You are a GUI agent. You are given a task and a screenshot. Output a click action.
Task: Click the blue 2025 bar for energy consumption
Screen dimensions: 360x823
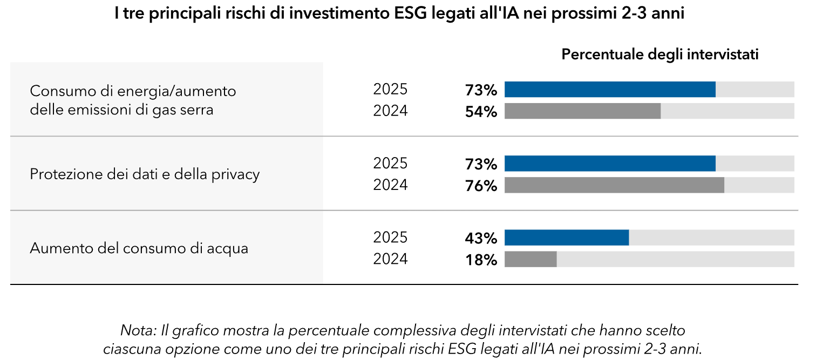click(x=610, y=90)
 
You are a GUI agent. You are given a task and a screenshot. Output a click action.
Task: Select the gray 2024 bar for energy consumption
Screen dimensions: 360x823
click(x=582, y=111)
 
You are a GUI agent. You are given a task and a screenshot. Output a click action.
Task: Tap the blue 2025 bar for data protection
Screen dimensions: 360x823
click(x=610, y=164)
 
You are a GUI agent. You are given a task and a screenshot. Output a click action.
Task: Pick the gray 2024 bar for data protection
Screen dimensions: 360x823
click(x=614, y=185)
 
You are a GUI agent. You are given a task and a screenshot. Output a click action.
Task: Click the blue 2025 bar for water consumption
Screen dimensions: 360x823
click(x=567, y=238)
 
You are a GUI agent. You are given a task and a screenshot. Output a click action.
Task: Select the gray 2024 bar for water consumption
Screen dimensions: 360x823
click(x=530, y=259)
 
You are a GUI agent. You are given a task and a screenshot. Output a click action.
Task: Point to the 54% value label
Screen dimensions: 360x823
click(x=481, y=112)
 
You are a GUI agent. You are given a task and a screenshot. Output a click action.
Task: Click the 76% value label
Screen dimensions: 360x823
click(x=481, y=186)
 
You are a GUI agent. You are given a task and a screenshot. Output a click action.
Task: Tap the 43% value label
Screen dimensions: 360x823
click(x=481, y=239)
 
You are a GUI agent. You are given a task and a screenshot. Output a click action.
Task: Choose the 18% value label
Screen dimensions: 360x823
click(x=481, y=260)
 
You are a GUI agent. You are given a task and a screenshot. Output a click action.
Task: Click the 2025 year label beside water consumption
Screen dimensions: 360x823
click(x=390, y=237)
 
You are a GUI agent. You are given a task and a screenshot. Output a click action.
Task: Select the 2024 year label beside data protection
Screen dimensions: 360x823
click(x=390, y=185)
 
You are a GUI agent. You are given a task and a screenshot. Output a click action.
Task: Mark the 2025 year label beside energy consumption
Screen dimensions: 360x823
click(x=390, y=89)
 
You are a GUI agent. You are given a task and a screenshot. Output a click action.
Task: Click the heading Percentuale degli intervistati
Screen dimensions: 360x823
click(x=660, y=55)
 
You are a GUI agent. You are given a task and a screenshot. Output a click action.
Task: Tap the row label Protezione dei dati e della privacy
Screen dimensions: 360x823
click(x=145, y=174)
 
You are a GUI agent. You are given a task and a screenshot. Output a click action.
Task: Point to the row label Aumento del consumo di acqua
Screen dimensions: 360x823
click(x=139, y=249)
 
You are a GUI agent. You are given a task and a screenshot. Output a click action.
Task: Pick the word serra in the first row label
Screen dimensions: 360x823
click(x=198, y=110)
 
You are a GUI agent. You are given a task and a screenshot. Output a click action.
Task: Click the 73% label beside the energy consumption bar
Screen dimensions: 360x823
click(x=481, y=90)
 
